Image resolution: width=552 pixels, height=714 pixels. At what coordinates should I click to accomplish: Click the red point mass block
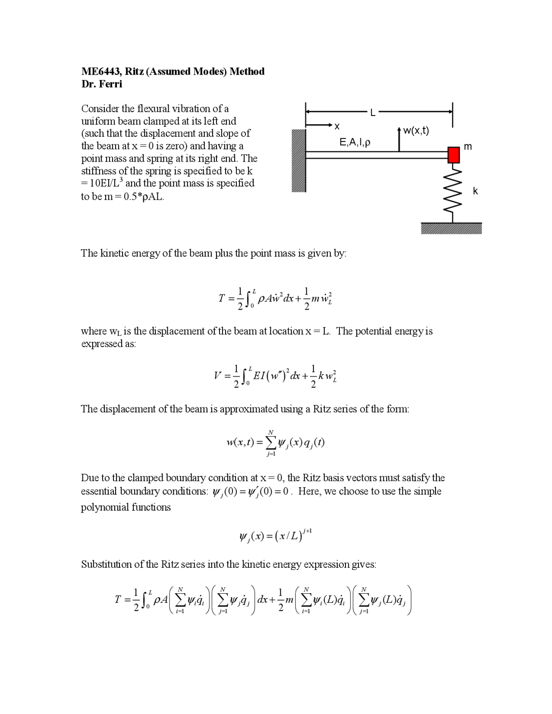pos(453,155)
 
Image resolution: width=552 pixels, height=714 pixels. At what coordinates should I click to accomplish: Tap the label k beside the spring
pos(475,191)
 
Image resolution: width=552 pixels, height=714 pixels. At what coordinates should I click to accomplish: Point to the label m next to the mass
pos(468,147)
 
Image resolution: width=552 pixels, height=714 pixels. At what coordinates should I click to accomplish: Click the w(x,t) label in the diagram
pos(416,131)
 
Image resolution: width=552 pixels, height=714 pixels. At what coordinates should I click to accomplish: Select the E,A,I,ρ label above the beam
pos(354,142)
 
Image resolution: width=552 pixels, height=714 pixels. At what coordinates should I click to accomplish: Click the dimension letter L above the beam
pos(373,113)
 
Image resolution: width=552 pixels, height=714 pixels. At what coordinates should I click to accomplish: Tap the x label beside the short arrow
pos(337,126)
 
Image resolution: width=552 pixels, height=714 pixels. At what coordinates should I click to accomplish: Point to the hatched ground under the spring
pos(451,228)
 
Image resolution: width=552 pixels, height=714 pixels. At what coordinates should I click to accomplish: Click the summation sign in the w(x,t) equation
pos(271,442)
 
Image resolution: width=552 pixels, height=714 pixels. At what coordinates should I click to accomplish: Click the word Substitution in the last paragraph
pos(106,564)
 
